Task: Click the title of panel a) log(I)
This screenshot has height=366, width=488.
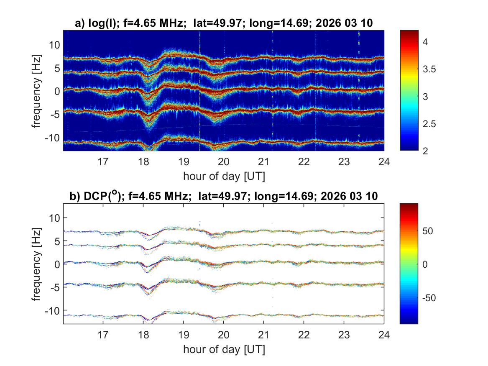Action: point(223,24)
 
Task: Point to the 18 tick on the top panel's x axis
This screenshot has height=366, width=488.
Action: point(143,161)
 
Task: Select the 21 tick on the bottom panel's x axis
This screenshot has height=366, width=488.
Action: point(263,335)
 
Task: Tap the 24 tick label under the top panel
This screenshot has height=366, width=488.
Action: point(384,161)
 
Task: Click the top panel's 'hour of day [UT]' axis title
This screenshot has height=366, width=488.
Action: point(224,176)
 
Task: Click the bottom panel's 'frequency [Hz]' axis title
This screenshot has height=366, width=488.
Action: point(37,264)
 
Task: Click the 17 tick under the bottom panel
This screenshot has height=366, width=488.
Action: point(103,335)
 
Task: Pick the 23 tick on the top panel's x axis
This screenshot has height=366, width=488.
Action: point(344,161)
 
